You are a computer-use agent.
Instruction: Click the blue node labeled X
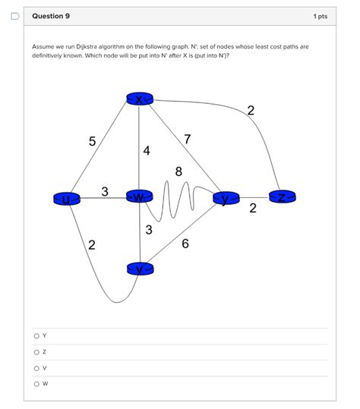[140, 99]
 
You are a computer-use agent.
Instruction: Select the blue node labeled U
[67, 200]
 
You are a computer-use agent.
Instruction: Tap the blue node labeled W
[140, 197]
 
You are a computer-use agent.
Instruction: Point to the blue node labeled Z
[282, 197]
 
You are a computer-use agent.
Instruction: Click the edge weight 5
[93, 141]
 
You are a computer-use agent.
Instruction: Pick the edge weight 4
[147, 151]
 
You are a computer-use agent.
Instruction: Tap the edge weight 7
[187, 139]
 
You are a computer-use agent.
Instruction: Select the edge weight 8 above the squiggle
[179, 171]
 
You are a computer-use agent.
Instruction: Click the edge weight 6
[185, 244]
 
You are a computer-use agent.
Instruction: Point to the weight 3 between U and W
[105, 190]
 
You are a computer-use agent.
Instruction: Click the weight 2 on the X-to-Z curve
[251, 112]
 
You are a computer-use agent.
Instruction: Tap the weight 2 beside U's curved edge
[91, 244]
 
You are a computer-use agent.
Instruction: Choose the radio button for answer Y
[35, 335]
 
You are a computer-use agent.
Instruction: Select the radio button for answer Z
[35, 351]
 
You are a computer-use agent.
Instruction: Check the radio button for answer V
[35, 367]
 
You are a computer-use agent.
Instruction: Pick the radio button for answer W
[35, 383]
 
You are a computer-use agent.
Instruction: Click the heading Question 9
[49, 16]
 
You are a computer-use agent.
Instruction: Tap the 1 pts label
[320, 16]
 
